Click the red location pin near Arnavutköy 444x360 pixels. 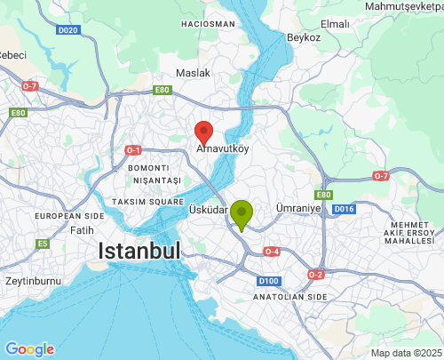[204, 132]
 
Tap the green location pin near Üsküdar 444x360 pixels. [241, 214]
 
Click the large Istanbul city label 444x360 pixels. [140, 251]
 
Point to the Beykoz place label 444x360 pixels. [303, 38]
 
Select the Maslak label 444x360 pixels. [193, 72]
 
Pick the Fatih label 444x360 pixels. [82, 230]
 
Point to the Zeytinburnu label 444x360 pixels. [29, 280]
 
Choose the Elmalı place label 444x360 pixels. [361, 23]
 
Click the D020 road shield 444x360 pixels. [68, 30]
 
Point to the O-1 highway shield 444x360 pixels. [134, 149]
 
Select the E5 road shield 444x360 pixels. [42, 243]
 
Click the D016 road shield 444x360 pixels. [345, 209]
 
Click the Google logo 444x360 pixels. [29, 349]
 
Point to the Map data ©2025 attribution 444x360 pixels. [405, 353]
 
